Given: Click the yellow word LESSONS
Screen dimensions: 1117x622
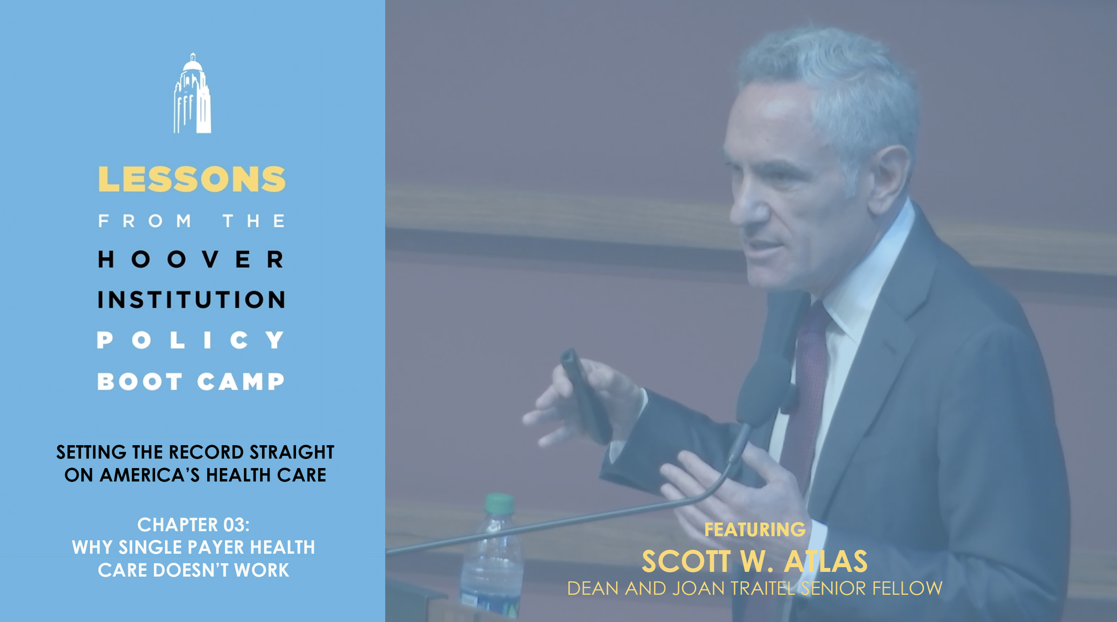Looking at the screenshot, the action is click(x=192, y=179).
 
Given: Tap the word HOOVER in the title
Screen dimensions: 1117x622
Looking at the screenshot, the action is click(x=191, y=259).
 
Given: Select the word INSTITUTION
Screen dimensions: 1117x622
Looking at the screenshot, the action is click(x=191, y=300).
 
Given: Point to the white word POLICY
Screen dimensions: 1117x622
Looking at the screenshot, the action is click(x=190, y=340).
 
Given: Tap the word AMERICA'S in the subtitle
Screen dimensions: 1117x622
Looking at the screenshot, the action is click(x=150, y=475).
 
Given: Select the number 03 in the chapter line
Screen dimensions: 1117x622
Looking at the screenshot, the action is click(x=234, y=525).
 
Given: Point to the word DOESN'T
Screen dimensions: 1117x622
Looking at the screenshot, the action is click(x=191, y=570).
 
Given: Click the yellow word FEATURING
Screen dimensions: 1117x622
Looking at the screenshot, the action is click(x=755, y=529).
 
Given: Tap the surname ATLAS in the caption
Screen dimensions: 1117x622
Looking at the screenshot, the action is click(x=826, y=561).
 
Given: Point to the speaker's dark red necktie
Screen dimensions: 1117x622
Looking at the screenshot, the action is click(x=806, y=390).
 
